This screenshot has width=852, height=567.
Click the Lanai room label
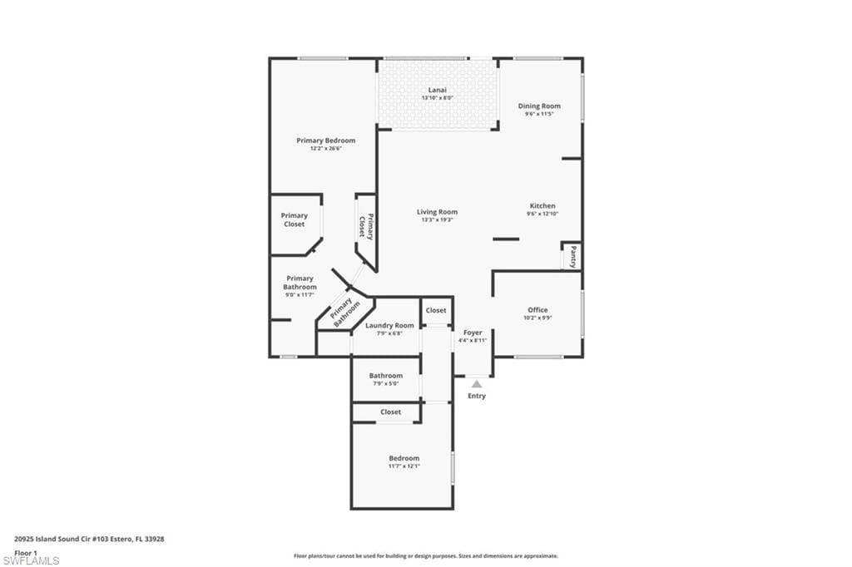(x=437, y=90)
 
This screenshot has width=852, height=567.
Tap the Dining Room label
(x=539, y=106)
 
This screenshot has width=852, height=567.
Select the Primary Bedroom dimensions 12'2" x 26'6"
(x=325, y=149)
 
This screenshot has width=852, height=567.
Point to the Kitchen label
(x=542, y=206)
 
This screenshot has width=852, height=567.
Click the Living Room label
(x=437, y=212)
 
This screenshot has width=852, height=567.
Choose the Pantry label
(x=573, y=257)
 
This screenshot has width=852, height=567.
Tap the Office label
(x=537, y=310)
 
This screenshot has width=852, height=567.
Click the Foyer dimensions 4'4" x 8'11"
(x=473, y=340)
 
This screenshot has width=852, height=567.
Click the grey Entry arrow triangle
(x=476, y=384)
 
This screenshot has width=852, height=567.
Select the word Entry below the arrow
(x=476, y=396)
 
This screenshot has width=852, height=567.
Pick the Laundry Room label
(x=389, y=326)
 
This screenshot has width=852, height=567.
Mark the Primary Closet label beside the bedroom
(x=294, y=219)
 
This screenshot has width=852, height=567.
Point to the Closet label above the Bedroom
(x=390, y=412)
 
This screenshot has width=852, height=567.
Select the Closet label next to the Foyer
(x=436, y=310)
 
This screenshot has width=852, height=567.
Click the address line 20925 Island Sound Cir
(x=89, y=539)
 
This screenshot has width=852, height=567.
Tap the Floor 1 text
(x=27, y=552)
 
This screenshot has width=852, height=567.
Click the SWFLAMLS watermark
(x=31, y=561)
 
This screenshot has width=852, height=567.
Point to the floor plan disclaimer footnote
(x=425, y=556)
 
